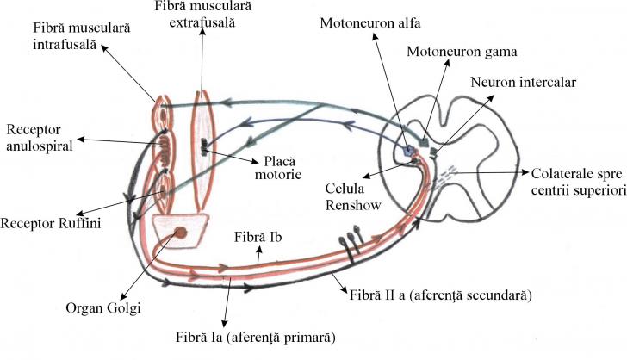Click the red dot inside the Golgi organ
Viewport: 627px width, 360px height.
click(180, 233)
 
